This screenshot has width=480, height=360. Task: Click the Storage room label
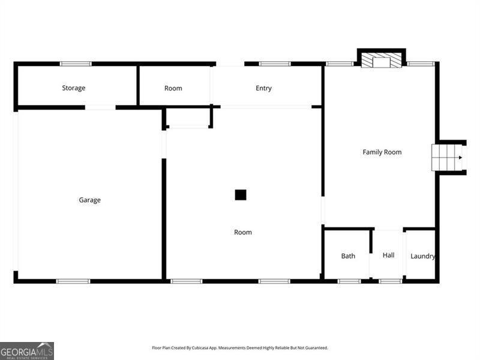74,88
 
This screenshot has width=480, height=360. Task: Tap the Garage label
90,200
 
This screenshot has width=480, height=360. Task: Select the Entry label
263,88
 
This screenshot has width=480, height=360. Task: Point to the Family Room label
382,152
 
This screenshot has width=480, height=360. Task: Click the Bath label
348,256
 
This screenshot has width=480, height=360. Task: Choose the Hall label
388,256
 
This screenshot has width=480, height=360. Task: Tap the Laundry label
422,256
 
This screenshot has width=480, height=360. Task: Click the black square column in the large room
241,195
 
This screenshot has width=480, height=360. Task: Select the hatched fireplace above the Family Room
381,61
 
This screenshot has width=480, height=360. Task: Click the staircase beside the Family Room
447,158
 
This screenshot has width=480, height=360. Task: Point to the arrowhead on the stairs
460,158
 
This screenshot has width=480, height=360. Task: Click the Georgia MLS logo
27,350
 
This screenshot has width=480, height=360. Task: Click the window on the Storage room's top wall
76,64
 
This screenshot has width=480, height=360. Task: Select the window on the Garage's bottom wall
73,281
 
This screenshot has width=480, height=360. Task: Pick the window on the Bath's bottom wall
349,281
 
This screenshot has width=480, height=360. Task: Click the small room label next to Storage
173,88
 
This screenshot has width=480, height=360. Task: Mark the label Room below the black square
243,232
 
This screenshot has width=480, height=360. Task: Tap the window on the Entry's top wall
275,64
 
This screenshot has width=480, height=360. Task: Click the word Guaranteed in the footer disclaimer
314,348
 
